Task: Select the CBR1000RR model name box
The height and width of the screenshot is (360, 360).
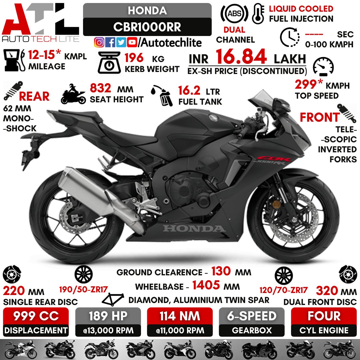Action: click(x=147, y=27)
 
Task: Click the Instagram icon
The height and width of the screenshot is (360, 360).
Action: click(x=99, y=42)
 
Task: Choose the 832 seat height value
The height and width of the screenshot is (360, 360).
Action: click(x=101, y=89)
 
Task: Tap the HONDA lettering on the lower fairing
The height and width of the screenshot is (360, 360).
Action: click(x=194, y=229)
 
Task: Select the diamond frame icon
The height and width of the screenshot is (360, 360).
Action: click(x=114, y=300)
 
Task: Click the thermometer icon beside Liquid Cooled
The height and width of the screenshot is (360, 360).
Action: click(x=258, y=13)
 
